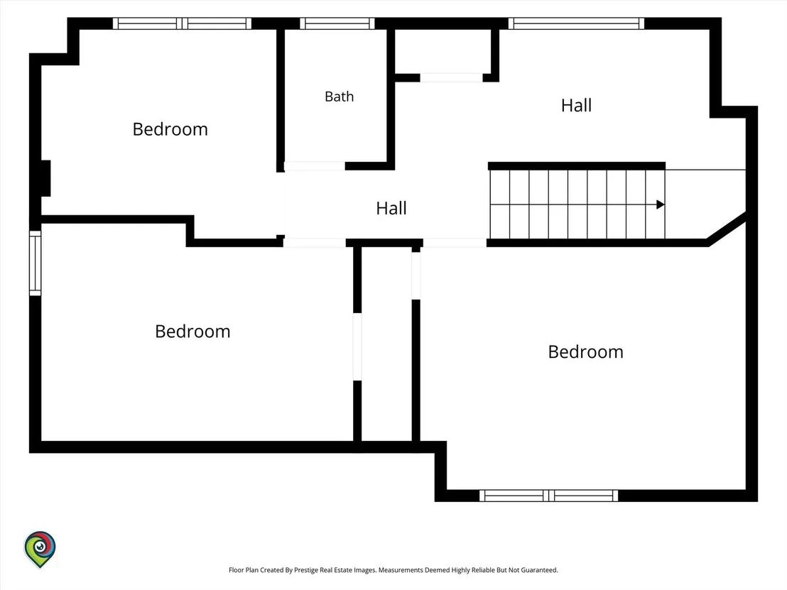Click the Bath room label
tap(340, 97)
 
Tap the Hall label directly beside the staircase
tap(391, 208)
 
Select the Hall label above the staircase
tap(576, 105)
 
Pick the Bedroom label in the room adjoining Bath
tap(170, 129)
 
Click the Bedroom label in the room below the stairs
tap(586, 351)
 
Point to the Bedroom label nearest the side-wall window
tap(192, 331)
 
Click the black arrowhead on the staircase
tap(661, 204)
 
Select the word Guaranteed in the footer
tap(539, 570)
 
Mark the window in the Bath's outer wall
tap(337, 23)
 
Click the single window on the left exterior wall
tap(35, 263)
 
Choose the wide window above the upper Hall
tap(576, 23)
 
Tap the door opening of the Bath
tap(315, 166)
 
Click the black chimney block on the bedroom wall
tap(45, 178)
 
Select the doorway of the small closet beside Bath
tap(451, 78)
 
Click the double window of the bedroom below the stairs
tap(548, 496)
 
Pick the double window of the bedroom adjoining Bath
tap(183, 23)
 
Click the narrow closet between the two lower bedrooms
tap(386, 344)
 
